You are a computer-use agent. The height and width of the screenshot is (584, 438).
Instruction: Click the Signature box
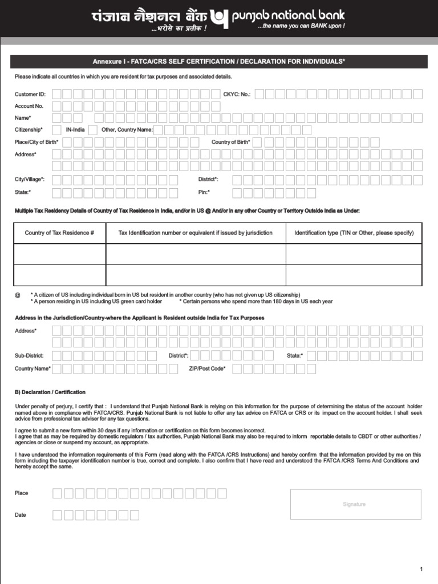pyautogui.click(x=355, y=504)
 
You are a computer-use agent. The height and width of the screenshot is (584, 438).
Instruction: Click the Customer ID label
pyautogui.click(x=30, y=94)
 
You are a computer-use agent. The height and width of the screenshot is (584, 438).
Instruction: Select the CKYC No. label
pyautogui.click(x=237, y=94)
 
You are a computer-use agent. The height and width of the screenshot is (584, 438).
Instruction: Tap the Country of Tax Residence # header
pyautogui.click(x=59, y=233)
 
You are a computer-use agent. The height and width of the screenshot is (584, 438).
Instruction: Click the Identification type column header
pyautogui.click(x=354, y=233)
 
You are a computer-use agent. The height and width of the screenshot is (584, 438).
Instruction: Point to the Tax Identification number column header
pyautogui.click(x=195, y=233)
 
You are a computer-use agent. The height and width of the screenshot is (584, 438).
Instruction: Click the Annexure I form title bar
pyautogui.click(x=219, y=62)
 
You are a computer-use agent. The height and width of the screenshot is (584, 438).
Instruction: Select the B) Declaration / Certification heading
pyautogui.click(x=50, y=392)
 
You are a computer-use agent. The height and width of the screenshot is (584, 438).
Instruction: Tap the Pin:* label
pyautogui.click(x=204, y=192)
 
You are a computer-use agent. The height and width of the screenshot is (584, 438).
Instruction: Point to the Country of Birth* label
pyautogui.click(x=231, y=142)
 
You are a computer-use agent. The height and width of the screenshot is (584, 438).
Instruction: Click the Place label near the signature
pyautogui.click(x=21, y=493)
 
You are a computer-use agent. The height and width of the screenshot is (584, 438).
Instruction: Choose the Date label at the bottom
pyautogui.click(x=21, y=515)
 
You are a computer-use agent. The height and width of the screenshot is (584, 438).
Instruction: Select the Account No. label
pyautogui.click(x=29, y=106)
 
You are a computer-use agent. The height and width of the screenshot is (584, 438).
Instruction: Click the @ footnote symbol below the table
pyautogui.click(x=17, y=295)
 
